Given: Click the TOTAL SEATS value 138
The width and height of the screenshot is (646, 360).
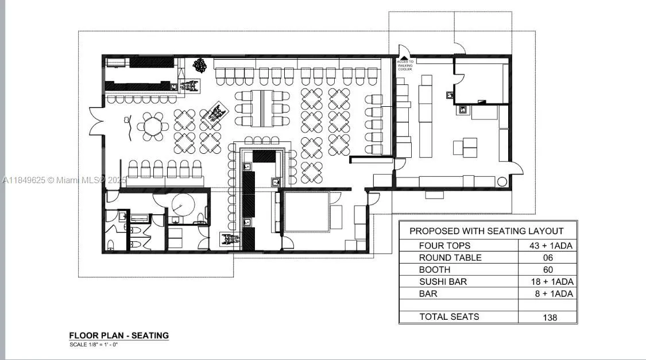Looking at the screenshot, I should pos(550,317).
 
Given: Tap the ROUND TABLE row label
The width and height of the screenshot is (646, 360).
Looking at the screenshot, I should pos(450,258).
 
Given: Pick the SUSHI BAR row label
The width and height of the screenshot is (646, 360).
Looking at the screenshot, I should pos(443,281).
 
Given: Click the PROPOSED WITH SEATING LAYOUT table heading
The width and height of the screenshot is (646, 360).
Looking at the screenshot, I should pos(486,231).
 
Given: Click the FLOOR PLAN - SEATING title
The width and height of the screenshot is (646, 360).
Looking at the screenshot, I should pos(119,335).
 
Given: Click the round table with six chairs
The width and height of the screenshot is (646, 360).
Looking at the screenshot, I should pos(153,126).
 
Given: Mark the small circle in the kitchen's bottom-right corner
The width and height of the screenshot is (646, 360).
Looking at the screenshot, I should pos(502,182).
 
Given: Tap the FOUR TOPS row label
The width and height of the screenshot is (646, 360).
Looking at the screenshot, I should pos(444,246).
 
